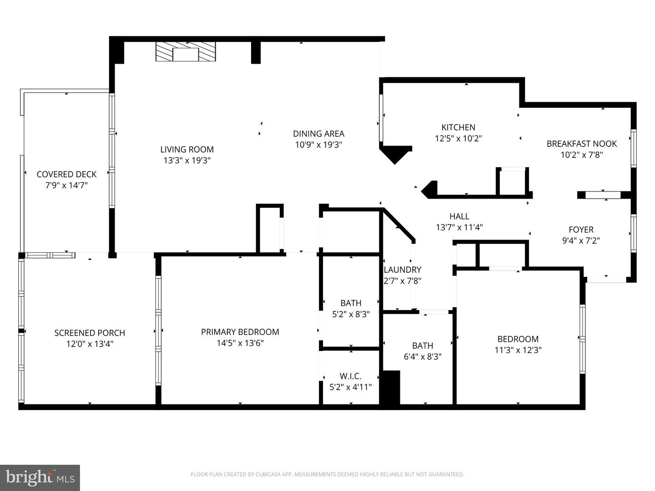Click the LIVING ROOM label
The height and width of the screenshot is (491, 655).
(x=187, y=150)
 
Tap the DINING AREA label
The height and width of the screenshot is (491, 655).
(x=318, y=134)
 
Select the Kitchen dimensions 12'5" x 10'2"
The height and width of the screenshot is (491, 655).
(x=458, y=138)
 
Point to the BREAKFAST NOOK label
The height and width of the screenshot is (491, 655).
(x=582, y=144)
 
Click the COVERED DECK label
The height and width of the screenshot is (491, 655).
(x=66, y=175)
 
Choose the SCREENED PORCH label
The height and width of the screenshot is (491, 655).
(x=90, y=333)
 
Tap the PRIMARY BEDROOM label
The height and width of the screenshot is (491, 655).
(x=240, y=332)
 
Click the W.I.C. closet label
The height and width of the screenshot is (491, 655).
(x=350, y=376)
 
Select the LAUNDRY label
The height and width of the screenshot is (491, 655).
(x=402, y=270)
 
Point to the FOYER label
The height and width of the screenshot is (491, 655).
(x=581, y=230)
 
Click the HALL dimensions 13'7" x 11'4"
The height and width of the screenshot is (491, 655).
(x=459, y=227)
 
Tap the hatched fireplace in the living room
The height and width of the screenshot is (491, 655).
(x=186, y=51)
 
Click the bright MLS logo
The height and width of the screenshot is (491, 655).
(x=40, y=478)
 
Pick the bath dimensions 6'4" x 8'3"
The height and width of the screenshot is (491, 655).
(x=423, y=356)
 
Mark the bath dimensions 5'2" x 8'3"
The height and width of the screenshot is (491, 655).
(x=351, y=314)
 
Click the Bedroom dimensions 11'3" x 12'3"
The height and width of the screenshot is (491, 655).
(x=518, y=350)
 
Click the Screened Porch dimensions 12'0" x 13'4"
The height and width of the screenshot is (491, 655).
(x=90, y=344)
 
